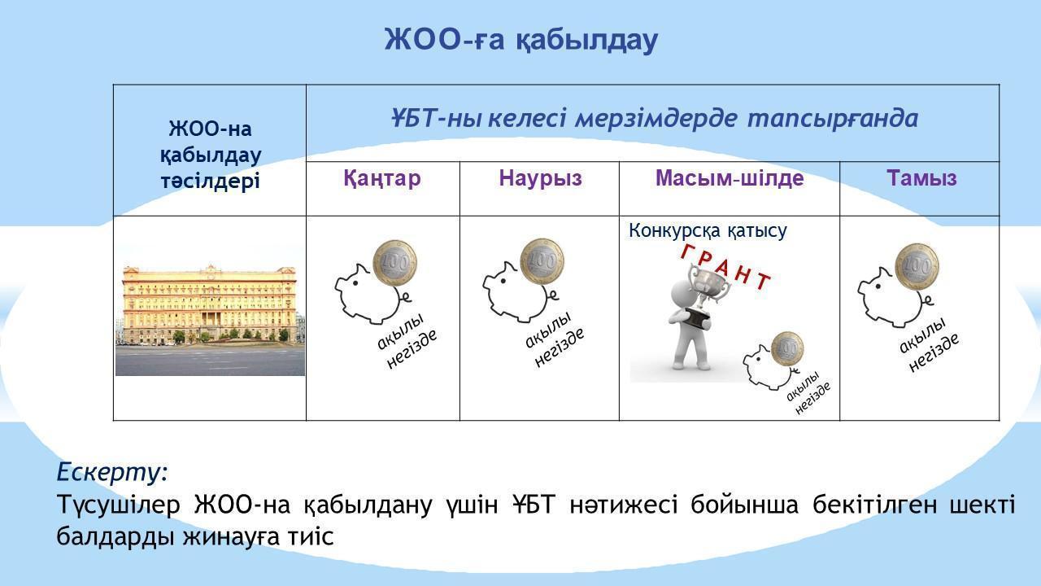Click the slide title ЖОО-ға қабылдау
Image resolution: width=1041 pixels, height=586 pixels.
(521, 41)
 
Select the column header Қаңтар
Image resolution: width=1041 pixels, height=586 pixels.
(382, 178)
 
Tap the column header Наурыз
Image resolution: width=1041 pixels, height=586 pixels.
(540, 178)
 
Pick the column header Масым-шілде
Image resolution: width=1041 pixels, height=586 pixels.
(730, 178)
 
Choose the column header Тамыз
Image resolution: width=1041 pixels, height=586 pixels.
(921, 178)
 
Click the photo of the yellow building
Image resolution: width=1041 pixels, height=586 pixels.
(210, 320)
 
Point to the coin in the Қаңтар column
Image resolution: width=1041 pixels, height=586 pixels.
(394, 264)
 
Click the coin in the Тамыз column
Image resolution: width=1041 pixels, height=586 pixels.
(917, 267)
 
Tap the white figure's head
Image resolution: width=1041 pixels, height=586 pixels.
(684, 293)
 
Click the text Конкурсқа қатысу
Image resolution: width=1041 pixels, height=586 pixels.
(708, 230)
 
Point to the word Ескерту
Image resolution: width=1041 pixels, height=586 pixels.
(111, 472)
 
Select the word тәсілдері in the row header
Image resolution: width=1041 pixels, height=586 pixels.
(210, 181)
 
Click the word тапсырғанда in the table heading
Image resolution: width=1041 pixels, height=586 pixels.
(833, 118)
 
